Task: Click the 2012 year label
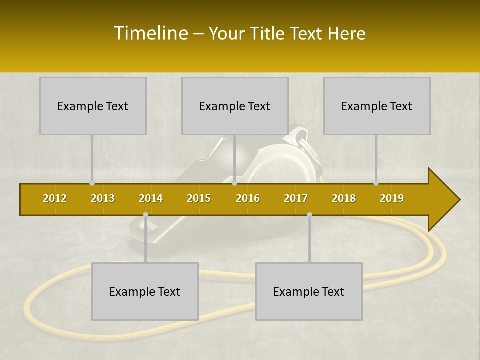click(x=55, y=198)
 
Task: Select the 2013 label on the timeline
click(x=103, y=198)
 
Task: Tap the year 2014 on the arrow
click(x=151, y=198)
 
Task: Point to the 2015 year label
click(x=199, y=198)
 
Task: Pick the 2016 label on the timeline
click(x=248, y=198)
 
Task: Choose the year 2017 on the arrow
click(x=296, y=198)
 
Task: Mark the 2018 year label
click(x=344, y=198)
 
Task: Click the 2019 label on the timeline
click(x=392, y=198)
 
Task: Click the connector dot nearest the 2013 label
click(x=92, y=183)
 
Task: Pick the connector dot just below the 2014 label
click(x=145, y=215)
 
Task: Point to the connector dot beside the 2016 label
click(x=234, y=183)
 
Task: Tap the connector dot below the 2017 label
click(x=309, y=215)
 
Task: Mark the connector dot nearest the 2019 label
click(x=376, y=183)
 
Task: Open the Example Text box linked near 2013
click(x=93, y=106)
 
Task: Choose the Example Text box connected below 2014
click(x=145, y=291)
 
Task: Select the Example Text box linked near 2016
click(x=235, y=106)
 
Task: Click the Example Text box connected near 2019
click(x=377, y=106)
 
